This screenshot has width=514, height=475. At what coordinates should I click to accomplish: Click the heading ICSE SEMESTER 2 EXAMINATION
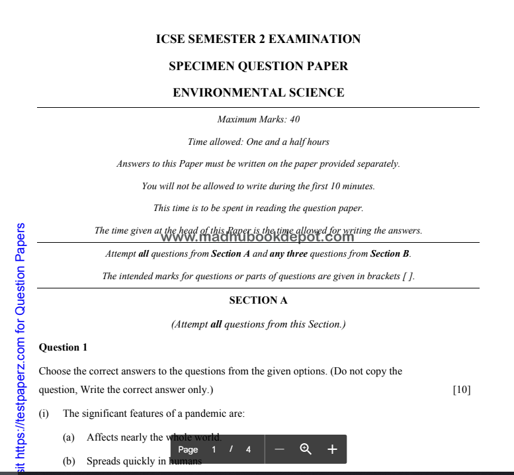258,39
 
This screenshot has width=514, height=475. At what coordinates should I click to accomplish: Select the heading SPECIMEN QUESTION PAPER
258,66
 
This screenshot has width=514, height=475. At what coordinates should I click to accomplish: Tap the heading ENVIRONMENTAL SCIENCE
258,93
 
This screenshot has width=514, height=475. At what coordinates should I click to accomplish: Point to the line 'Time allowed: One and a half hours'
258,142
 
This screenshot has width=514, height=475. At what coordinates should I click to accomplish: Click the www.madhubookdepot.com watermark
257,237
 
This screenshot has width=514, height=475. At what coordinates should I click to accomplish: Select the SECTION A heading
258,300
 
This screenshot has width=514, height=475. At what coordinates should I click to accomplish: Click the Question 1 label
64,347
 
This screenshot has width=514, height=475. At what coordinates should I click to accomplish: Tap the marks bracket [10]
461,390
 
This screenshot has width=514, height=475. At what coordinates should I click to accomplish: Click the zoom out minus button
279,450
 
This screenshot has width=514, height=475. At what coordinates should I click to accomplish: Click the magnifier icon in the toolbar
306,450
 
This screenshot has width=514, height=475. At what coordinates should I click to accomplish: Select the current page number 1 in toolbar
214,450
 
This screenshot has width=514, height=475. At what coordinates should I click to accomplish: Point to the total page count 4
248,450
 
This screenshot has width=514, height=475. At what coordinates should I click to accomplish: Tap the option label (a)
68,437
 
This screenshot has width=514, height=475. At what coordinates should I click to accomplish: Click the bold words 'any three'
288,253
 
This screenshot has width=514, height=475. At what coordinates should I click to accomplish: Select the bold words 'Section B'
390,253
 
